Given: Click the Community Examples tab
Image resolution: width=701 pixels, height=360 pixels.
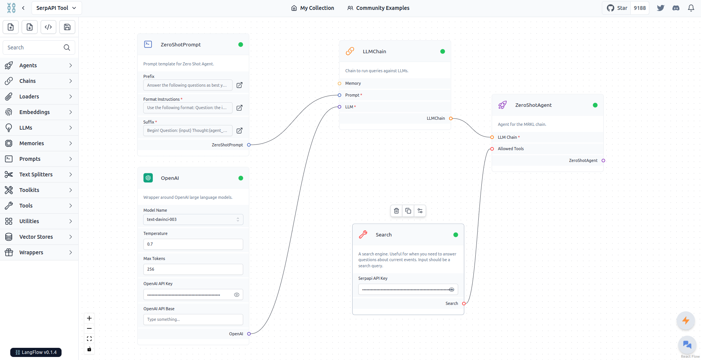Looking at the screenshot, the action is (378, 8).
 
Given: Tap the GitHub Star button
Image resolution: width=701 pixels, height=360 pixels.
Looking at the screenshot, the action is (617, 8).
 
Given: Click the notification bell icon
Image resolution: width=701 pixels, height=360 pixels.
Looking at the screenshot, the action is (691, 8).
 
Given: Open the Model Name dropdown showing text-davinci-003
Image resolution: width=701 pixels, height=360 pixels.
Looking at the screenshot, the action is (193, 219).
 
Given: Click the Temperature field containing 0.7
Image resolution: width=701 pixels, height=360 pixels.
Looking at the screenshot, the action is (193, 244).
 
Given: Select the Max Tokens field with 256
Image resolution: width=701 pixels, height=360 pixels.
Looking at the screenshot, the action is (193, 269).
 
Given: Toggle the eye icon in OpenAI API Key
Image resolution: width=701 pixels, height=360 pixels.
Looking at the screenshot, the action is (237, 295).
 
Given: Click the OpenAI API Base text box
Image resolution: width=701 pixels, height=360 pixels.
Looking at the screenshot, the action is (193, 319).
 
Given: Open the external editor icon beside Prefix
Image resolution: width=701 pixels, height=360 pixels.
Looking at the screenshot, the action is (239, 85).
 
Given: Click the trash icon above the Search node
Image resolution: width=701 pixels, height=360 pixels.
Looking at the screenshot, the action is (396, 211).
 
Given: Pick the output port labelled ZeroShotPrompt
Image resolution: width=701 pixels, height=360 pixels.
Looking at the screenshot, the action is (249, 145).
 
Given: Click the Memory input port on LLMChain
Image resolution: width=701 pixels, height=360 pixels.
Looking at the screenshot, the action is (339, 83).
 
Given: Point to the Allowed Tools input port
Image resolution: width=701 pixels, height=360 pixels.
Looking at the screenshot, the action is (492, 149).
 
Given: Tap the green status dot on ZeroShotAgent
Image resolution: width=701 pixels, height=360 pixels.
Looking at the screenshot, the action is (595, 105).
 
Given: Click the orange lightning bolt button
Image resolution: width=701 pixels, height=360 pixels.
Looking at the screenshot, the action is (686, 320).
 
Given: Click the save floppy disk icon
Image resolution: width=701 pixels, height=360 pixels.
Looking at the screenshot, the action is (67, 27).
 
